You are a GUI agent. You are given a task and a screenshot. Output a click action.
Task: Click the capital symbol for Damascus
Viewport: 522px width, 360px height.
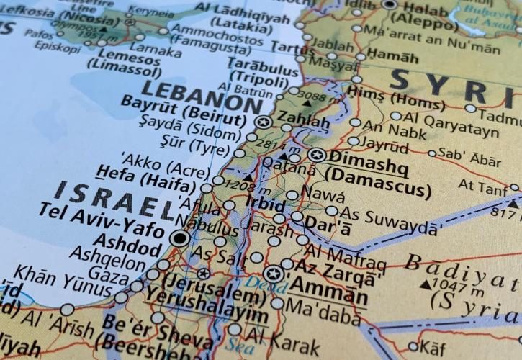click(x=316, y=155)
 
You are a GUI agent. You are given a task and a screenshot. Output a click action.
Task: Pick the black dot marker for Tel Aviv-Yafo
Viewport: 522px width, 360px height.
click(x=179, y=238)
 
